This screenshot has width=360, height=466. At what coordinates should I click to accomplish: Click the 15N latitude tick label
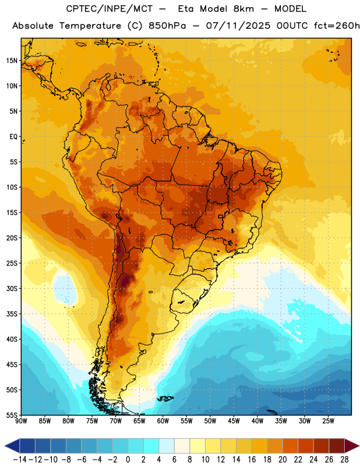[x=12, y=61]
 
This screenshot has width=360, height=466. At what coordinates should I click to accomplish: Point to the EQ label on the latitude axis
[x=13, y=137]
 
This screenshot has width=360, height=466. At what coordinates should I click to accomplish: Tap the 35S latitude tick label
[x=12, y=314]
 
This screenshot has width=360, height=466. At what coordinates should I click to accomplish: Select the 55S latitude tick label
[x=12, y=415]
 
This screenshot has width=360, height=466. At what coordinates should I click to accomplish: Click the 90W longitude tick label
[x=21, y=421]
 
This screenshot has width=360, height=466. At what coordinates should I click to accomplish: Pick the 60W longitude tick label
[x=163, y=421]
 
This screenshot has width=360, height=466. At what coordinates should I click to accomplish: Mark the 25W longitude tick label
[x=328, y=421]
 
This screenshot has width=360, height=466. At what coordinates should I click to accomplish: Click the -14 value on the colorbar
[x=20, y=460]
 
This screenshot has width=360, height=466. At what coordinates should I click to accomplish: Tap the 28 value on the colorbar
[x=344, y=460]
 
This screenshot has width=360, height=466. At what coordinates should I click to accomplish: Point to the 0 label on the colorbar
[x=128, y=460]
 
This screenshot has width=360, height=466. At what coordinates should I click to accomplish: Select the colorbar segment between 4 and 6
[x=167, y=446]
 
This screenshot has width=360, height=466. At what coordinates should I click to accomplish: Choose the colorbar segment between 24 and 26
[x=322, y=446]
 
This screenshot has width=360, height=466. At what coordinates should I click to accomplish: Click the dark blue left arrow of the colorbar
[x=12, y=446]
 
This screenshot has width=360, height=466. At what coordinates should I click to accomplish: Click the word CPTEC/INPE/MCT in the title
[x=109, y=9]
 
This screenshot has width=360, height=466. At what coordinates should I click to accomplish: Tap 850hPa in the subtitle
[x=167, y=26]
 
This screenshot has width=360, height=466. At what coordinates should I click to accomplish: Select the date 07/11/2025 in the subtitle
[x=238, y=26]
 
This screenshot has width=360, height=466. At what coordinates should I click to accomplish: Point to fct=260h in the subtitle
[x=337, y=26]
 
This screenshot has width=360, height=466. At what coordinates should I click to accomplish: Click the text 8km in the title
[x=243, y=9]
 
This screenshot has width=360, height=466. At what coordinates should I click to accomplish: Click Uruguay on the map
[x=182, y=301]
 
